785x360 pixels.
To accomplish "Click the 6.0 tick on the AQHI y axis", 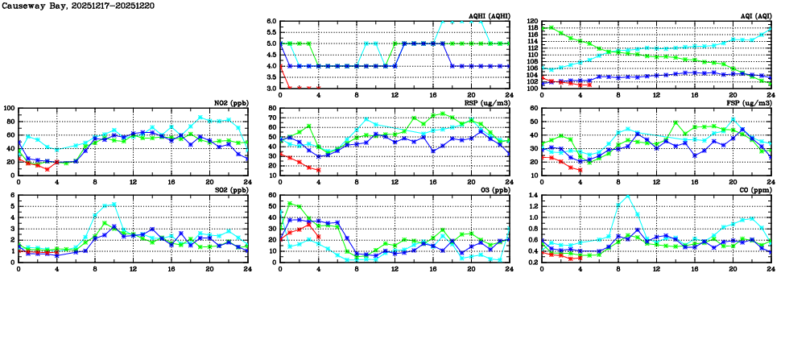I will pyautogui.click(x=271, y=22).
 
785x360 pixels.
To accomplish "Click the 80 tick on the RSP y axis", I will pyautogui.click(x=272, y=108).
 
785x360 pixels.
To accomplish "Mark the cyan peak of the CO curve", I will pyautogui.click(x=628, y=196).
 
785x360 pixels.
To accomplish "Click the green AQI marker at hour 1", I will pyautogui.click(x=552, y=27).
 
